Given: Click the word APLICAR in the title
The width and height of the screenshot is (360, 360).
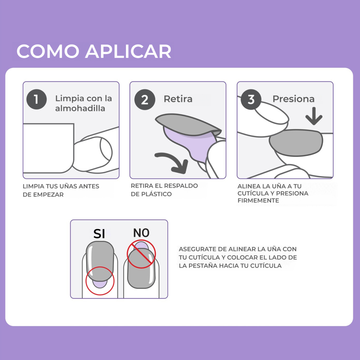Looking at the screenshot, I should click(128, 51).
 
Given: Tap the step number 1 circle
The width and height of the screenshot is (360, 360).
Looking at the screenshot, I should click(36, 99).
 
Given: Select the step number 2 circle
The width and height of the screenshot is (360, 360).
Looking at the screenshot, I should click(145, 100).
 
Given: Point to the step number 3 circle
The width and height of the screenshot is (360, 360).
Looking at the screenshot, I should click(251, 99).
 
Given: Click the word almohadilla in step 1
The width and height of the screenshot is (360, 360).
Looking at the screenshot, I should click(80, 108).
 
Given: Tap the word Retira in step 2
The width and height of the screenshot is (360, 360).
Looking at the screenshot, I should click(178, 99).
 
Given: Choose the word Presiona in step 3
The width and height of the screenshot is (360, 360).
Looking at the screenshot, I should click(293, 99).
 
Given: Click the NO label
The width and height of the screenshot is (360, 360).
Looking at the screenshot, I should click(141, 233).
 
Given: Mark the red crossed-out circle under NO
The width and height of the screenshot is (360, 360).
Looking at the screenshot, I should click(141, 255).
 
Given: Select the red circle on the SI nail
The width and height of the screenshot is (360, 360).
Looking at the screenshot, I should click(100, 281).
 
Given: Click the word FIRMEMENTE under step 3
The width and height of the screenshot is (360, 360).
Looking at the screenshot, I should click(258, 201).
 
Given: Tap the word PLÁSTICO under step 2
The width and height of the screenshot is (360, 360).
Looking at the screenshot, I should click(156, 194).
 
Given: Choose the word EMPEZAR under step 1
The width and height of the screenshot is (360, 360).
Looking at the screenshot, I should click(48, 195).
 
